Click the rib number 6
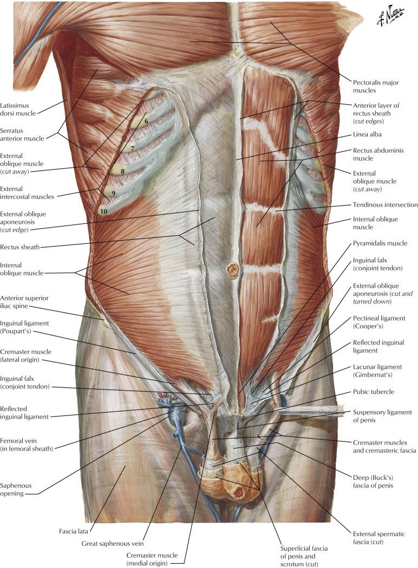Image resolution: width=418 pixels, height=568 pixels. pos(147,121)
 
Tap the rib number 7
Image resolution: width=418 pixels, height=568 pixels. pos(132,149)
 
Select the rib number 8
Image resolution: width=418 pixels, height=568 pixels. pos(122,171)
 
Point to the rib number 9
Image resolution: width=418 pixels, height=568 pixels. pos(114,194)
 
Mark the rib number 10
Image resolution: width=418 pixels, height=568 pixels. pos(104,211)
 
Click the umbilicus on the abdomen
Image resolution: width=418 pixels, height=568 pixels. pos(232,270)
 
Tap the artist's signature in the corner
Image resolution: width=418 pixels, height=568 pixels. pos(390,17)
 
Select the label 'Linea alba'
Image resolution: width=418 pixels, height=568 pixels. pos(367,134)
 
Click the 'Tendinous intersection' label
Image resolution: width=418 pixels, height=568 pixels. pos(386,204)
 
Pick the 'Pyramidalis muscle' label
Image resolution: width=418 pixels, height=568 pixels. pos(380,243)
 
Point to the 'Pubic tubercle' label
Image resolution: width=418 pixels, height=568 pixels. pos(374,392)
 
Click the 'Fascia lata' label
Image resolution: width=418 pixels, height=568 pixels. pos(74,531)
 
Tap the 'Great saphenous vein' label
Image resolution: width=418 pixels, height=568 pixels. pos(112,543)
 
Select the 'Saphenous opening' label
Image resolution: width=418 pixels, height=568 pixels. pos(16,490)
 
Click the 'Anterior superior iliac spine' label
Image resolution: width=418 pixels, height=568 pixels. pos(24,302)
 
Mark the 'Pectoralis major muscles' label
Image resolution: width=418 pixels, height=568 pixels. pos(376,87)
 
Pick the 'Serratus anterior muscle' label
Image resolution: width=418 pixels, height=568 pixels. pos(22,134)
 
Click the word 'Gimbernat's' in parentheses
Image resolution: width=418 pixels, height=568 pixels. pos(373,375)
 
